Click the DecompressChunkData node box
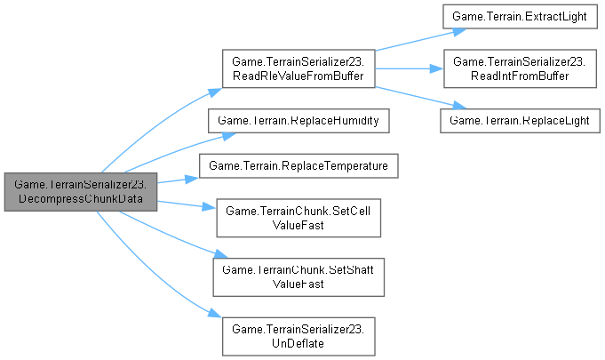click(x=81, y=191)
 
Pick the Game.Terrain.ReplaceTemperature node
click(x=298, y=165)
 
